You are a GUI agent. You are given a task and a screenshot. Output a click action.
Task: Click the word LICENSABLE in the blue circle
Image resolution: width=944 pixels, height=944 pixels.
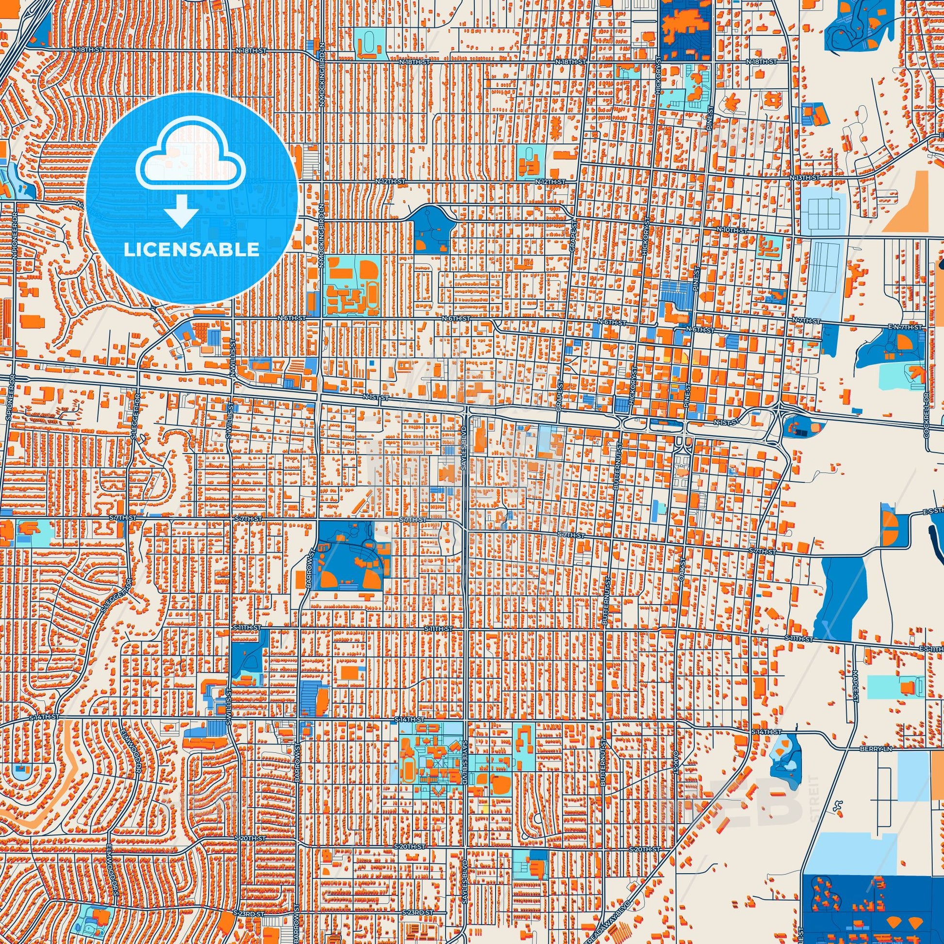pyautogui.click(x=192, y=250)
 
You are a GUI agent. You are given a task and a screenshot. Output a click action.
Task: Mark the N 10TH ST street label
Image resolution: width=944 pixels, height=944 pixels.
pyautogui.click(x=732, y=229)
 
